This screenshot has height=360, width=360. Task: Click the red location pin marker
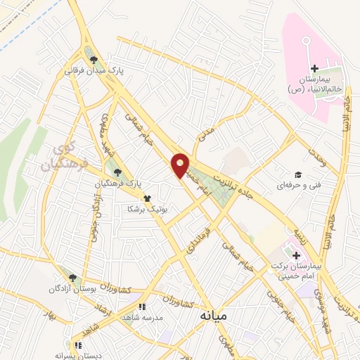click(181, 167)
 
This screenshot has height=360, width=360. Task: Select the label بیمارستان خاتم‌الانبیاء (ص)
click(315, 85)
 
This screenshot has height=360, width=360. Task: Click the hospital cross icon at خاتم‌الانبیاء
click(314, 68)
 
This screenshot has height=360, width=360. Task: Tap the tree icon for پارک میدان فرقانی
click(93, 58)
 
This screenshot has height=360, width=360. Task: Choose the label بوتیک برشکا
click(146, 210)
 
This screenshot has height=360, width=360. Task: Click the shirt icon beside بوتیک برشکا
click(146, 198)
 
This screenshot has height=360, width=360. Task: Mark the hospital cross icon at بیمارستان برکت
click(296, 255)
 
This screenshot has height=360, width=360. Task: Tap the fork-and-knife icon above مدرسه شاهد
click(142, 307)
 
